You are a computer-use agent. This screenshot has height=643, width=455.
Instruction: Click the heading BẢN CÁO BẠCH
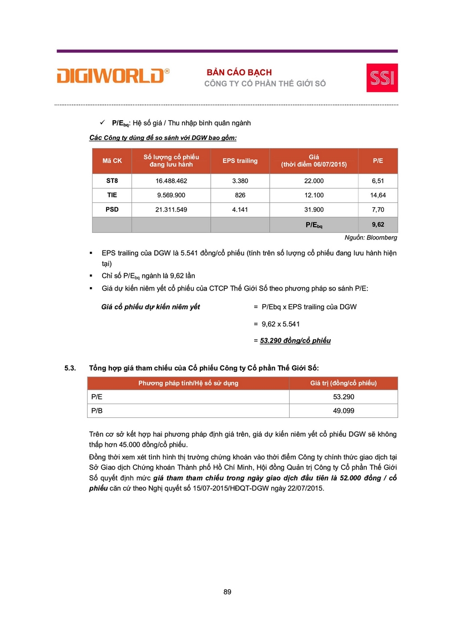pos(239,73)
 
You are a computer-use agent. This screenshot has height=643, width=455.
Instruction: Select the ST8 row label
pos(112,181)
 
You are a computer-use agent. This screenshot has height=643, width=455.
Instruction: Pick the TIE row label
pos(112,195)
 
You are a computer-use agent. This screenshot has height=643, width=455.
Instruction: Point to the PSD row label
pos(112,210)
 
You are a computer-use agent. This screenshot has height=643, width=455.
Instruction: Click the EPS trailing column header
pos(240,161)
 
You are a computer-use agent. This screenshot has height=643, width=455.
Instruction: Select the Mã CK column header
pos(112,161)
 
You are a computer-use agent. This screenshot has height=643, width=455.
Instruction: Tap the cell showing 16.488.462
pos(171,181)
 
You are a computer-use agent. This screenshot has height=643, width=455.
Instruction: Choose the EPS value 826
pos(240,195)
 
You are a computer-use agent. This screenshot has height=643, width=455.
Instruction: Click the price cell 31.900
pos(314,210)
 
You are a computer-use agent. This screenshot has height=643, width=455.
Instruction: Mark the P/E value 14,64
pos(378,195)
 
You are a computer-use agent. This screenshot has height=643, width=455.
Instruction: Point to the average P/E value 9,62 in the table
pos(378,224)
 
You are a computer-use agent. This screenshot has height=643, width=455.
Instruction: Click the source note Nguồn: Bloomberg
pos(371,237)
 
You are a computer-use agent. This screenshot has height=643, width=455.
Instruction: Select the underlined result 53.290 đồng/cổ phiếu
pos(295,340)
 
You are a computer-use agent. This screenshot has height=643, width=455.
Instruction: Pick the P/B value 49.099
pos(343,411)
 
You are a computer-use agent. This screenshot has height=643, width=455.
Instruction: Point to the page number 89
pos(228,592)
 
